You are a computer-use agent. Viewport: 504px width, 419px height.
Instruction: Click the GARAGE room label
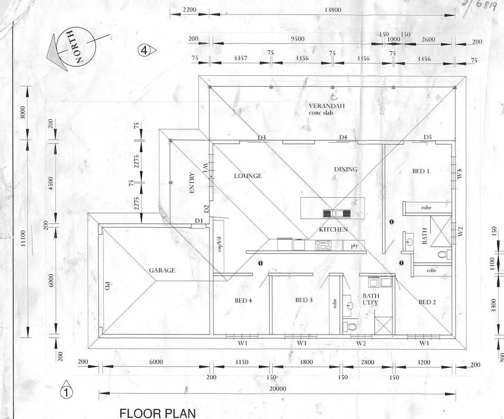162,270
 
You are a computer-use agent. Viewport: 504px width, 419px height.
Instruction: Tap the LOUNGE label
248,176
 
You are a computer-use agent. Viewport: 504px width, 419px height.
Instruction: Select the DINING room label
346,170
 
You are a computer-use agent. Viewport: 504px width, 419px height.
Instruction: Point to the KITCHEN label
333,229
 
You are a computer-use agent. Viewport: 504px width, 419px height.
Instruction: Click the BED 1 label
421,171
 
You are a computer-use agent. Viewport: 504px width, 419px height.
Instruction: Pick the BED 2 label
427,302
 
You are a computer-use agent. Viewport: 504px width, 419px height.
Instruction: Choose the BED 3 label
304,300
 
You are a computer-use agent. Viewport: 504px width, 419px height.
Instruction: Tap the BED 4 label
243,300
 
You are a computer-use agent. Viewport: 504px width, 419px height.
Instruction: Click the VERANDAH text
327,106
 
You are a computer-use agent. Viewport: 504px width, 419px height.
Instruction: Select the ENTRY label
192,183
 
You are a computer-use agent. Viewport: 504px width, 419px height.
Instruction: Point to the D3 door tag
262,138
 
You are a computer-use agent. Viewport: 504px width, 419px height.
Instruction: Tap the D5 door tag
428,137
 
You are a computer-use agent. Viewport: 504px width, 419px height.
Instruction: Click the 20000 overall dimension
277,389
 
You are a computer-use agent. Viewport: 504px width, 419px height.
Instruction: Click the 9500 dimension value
297,39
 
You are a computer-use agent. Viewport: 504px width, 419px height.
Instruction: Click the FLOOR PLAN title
157,414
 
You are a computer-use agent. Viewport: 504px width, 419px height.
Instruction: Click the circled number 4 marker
144,50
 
